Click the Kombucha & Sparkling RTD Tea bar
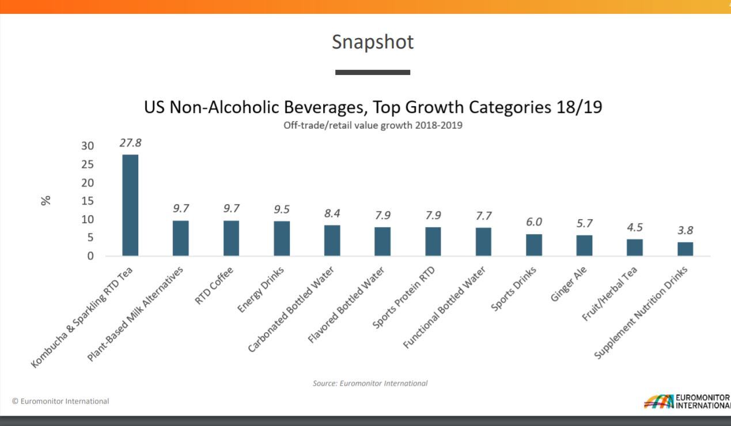tap(130, 205)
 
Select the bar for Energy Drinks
tap(282, 239)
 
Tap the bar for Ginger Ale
tap(584, 246)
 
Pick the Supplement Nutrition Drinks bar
tap(685, 249)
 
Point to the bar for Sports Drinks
tap(534, 245)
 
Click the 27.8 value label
tap(130, 143)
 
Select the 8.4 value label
tap(332, 213)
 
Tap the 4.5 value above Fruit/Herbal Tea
tap(634, 228)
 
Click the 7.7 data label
tap(483, 216)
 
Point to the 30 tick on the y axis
tap(87, 146)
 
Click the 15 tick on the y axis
tap(87, 201)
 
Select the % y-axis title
tap(46, 200)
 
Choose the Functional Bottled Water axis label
tap(445, 308)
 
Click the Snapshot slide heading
tap(373, 42)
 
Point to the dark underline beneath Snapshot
tap(373, 73)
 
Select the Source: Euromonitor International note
tap(370, 383)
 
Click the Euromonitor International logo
tap(685, 401)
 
